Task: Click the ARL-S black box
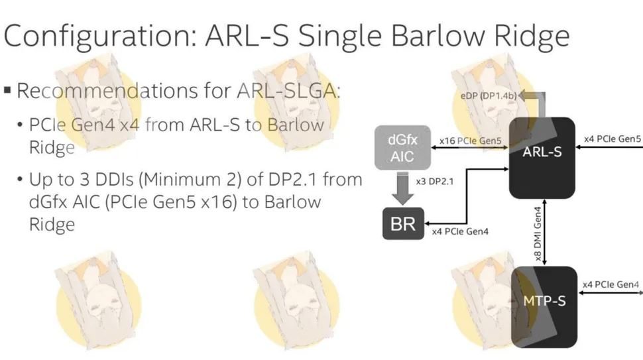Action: point(542,158)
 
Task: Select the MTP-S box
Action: point(544,307)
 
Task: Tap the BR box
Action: point(403,224)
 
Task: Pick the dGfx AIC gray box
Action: point(402,148)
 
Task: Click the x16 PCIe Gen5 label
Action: point(471,141)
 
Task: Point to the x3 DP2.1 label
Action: point(435,181)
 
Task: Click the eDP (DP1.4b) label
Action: point(489,96)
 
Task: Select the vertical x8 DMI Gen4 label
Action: point(538,234)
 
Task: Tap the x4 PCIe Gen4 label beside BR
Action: point(460,231)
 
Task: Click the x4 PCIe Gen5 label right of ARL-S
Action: point(613,139)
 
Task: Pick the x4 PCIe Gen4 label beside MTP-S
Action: point(611,284)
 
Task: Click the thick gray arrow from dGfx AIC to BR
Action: point(402,188)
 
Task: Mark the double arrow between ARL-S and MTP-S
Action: point(545,233)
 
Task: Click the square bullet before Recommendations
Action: point(7,90)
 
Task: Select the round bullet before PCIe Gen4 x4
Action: point(20,125)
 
